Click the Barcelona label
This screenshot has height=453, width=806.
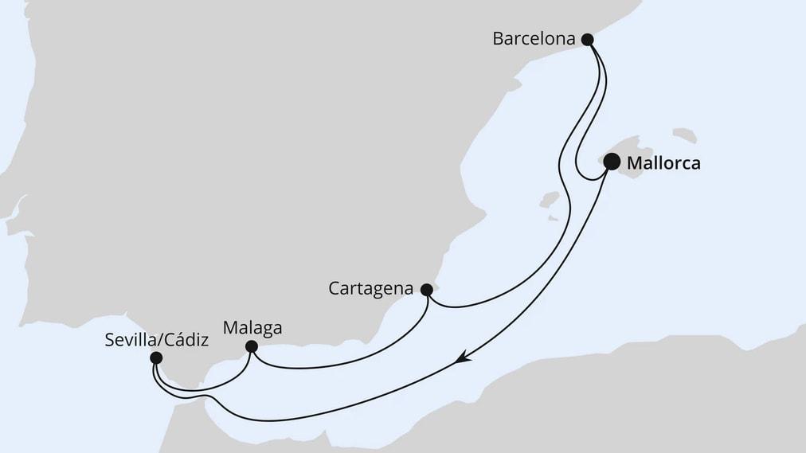click(533, 38)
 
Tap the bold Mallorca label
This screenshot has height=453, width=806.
click(663, 163)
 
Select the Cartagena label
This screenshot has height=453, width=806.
click(371, 289)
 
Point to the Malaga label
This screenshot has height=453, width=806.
click(252, 327)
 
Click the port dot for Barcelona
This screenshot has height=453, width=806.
click(588, 38)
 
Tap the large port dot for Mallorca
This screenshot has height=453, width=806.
click(612, 162)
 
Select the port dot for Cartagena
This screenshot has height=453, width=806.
click(426, 290)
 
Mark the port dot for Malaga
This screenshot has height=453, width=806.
click(252, 346)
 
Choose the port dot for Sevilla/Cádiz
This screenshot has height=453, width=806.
click(155, 359)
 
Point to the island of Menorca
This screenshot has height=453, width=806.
click(685, 135)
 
